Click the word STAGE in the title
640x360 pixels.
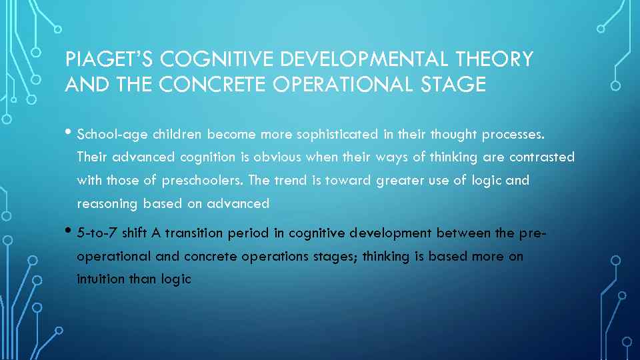pos(455,85)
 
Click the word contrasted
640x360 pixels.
pos(541,158)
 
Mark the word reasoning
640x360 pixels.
pos(107,204)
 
